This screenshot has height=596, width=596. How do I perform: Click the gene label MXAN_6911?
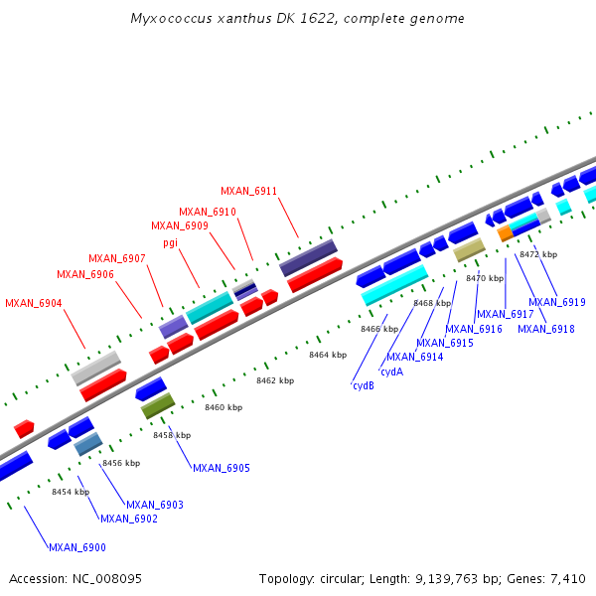(x=248, y=191)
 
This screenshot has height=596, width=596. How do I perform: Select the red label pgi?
(x=170, y=242)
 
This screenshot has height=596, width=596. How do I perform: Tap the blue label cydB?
(x=363, y=385)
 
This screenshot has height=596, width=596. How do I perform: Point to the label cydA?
(x=391, y=372)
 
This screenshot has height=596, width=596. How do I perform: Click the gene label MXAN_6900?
(x=76, y=547)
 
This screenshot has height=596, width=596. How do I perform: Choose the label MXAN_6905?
(x=221, y=468)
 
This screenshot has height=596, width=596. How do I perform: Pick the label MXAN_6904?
(x=34, y=303)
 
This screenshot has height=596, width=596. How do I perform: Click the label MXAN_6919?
(x=556, y=302)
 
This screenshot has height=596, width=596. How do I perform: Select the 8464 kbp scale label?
(x=328, y=355)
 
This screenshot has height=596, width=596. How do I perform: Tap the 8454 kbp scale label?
(x=71, y=492)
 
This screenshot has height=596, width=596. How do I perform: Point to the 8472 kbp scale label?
(x=538, y=255)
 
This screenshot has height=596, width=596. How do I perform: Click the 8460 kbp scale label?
(x=223, y=407)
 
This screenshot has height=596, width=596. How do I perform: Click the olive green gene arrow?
(x=157, y=405)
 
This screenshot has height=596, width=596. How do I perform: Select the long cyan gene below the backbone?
(x=394, y=284)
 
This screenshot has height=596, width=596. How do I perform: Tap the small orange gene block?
(x=506, y=232)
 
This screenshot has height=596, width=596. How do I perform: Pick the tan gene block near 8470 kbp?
(x=469, y=249)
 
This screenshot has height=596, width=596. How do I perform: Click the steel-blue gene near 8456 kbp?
(x=88, y=444)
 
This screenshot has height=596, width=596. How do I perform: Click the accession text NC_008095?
(x=106, y=578)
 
